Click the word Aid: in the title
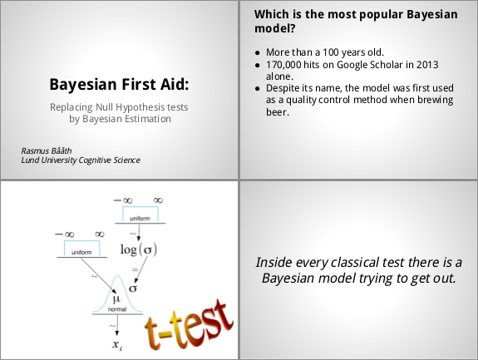pyautogui.click(x=175, y=84)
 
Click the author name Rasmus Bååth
pyautogui.click(x=47, y=150)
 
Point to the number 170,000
pyautogui.click(x=283, y=65)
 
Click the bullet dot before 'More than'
pyautogui.click(x=258, y=53)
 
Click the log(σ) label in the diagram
pyautogui.click(x=139, y=249)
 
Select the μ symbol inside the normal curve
pyautogui.click(x=116, y=299)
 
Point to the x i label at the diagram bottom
pyautogui.click(x=117, y=345)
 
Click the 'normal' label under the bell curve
pyautogui.click(x=117, y=309)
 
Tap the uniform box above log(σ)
pyautogui.click(x=140, y=215)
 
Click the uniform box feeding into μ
pyautogui.click(x=81, y=248)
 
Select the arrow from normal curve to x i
pyautogui.click(x=117, y=325)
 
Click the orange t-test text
pyautogui.click(x=189, y=324)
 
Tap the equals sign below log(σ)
pyautogui.click(x=135, y=269)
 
